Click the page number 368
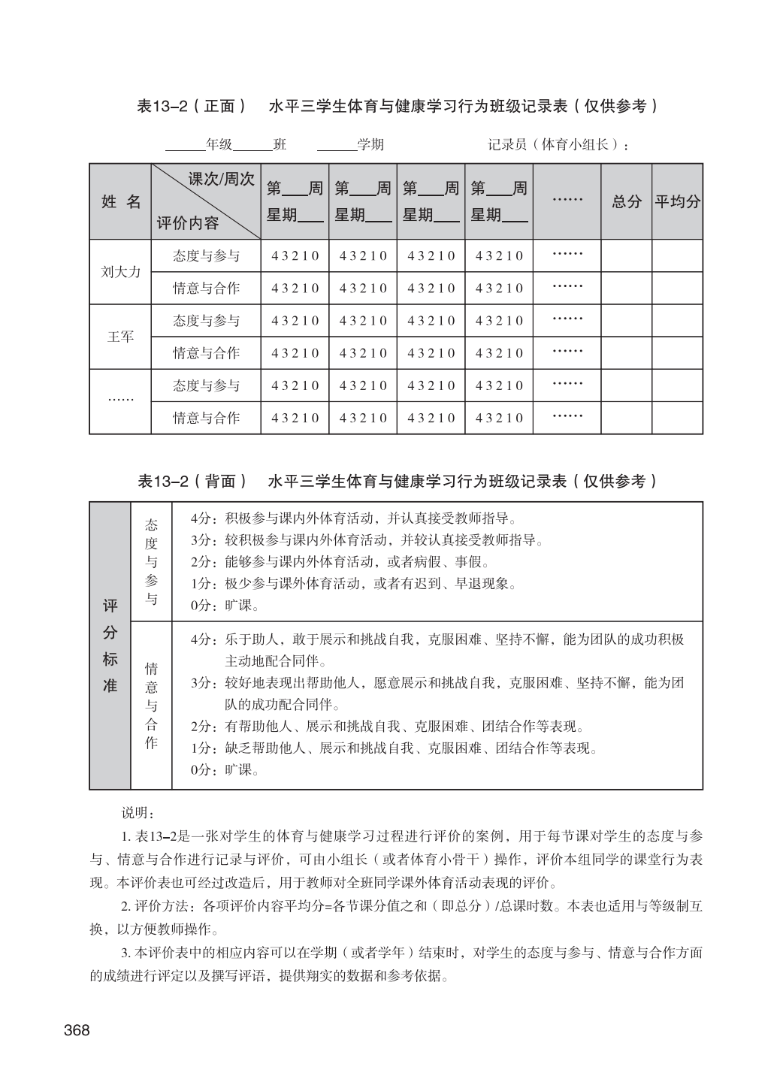pos(77,1030)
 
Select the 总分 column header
pos(627,201)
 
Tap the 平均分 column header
pos(677,201)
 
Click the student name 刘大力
pos(120,272)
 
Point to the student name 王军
pos(120,337)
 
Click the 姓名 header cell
pos(120,201)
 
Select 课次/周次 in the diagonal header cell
pos(221,180)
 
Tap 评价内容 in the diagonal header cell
pos(188,223)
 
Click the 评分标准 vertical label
pos(110,645)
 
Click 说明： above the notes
pos(138,813)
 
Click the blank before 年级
pos(185,144)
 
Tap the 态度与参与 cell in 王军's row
pos(206,321)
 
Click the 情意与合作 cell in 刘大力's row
pos(206,288)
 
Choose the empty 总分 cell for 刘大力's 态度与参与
pos(626,255)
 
